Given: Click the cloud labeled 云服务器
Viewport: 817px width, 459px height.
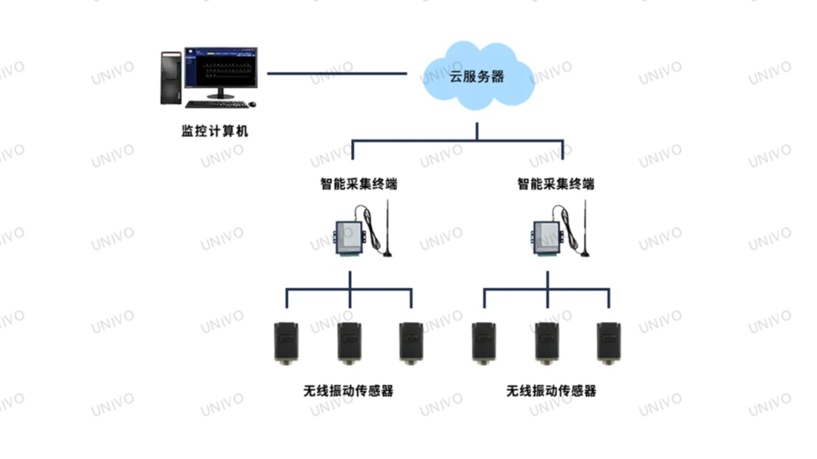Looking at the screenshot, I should [x=477, y=76].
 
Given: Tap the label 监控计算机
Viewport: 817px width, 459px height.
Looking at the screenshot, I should [x=214, y=131].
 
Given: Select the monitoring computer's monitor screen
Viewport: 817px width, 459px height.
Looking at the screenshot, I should [x=221, y=69].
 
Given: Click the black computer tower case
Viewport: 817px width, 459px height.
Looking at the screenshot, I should [x=172, y=77].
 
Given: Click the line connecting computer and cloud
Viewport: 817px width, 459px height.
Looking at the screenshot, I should [x=337, y=74].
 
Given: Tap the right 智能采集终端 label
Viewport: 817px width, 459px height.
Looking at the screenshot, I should [x=555, y=184].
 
